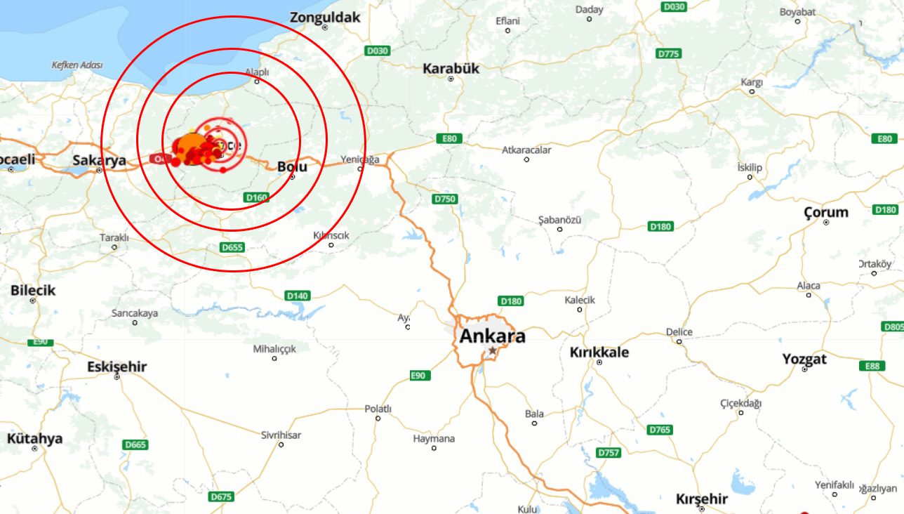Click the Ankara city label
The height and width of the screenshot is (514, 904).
coord(492,336)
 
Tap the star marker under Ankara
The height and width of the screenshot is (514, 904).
coord(493,350)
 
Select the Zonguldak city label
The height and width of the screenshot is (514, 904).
coord(325,17)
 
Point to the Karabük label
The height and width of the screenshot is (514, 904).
coord(451,68)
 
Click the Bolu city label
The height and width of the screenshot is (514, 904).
coord(292,166)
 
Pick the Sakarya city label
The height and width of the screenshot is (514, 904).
coord(99,160)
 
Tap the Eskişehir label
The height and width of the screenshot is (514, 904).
coord(117,367)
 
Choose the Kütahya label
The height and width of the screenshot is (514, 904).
coord(34,438)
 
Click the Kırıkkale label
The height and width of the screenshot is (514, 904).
coord(599,352)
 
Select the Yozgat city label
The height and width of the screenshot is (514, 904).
coord(804,359)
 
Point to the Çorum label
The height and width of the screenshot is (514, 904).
coord(825,211)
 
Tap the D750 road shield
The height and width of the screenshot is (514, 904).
coord(445,199)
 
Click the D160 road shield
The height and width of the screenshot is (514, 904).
coord(257,197)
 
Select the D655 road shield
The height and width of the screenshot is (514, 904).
coord(232,247)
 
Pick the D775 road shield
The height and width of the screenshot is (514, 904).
coord(669,53)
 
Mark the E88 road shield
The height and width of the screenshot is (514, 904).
coord(872,366)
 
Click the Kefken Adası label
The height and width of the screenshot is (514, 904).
coord(77,65)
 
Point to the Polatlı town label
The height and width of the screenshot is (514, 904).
coord(378,409)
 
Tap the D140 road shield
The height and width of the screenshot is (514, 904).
coord(298,296)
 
